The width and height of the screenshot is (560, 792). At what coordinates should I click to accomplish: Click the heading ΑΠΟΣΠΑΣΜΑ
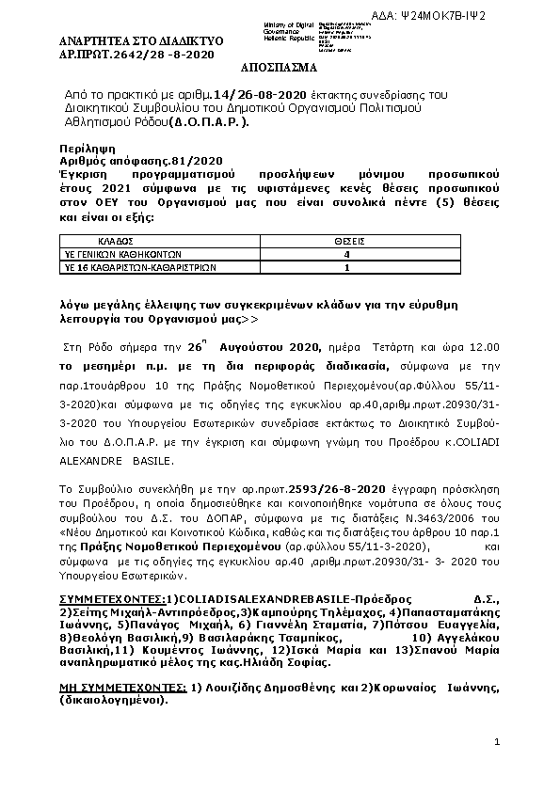[280, 70]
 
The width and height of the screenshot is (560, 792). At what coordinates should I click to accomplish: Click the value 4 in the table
[348, 255]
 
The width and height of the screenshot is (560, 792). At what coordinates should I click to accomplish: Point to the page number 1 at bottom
[496, 743]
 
